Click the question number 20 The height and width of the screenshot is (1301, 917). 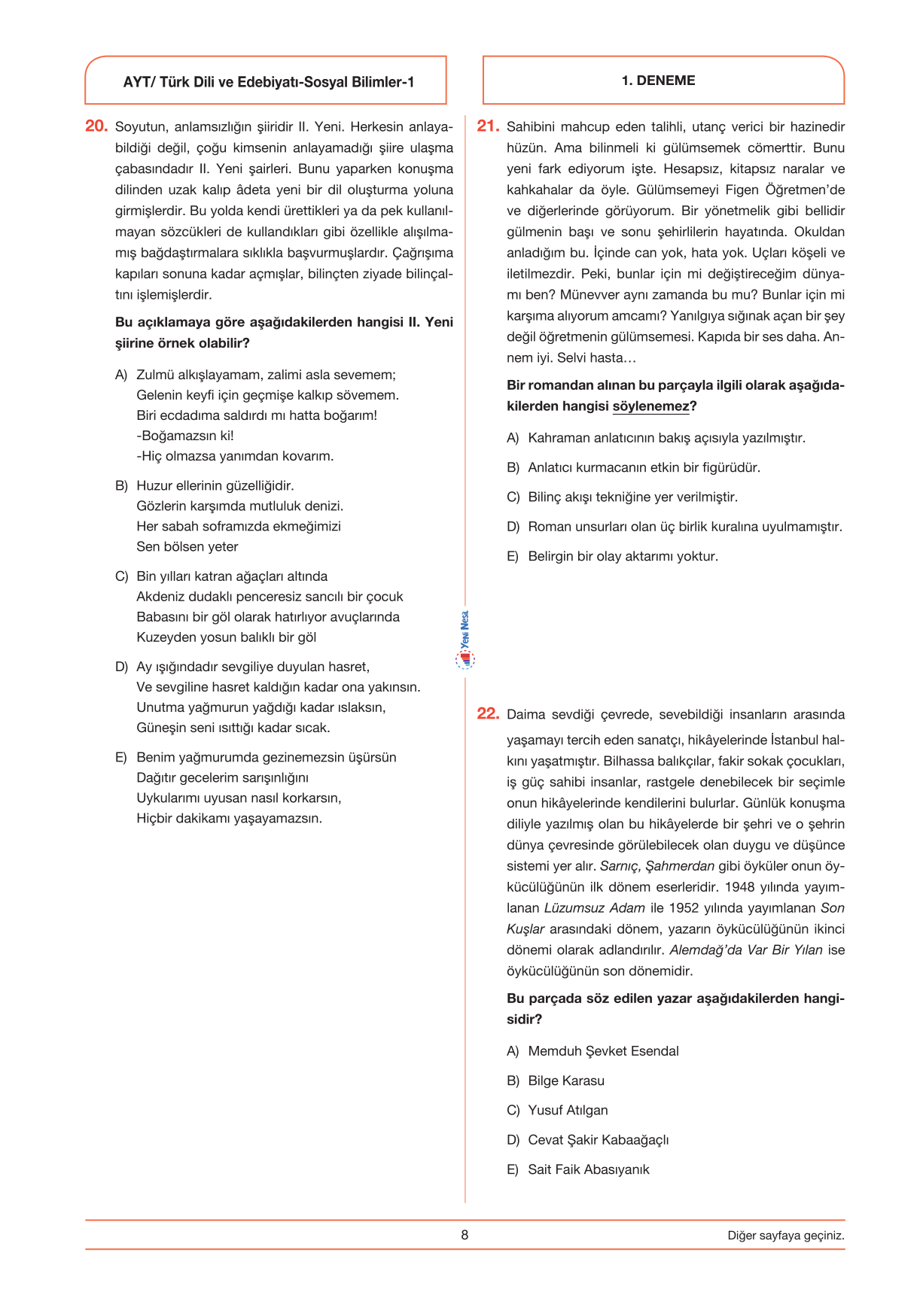click(96, 126)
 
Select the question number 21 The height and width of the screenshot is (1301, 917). click(488, 126)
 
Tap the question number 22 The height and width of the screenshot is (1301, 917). click(488, 713)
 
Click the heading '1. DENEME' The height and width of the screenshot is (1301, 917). click(658, 81)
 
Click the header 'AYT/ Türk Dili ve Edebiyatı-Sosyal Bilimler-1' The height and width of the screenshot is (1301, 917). click(269, 82)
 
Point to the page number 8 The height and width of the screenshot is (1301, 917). click(465, 1235)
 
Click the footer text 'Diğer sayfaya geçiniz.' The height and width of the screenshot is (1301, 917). click(785, 1236)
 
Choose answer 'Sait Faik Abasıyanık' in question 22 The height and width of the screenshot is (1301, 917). click(588, 1169)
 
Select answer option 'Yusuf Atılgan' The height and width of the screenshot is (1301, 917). click(568, 1110)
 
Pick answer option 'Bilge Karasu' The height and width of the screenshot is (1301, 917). click(566, 1081)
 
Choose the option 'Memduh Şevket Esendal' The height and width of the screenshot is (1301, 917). click(603, 1051)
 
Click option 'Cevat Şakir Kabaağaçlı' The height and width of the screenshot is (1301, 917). click(598, 1140)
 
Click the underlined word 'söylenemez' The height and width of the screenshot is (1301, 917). click(650, 406)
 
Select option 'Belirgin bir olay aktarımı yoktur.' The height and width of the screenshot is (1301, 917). click(623, 556)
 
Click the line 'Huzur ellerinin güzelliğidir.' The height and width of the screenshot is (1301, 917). click(215, 486)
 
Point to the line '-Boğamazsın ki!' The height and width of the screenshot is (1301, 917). click(185, 436)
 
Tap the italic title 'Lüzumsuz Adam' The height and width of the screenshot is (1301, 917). click(594, 908)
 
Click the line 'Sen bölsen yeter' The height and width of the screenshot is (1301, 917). click(187, 547)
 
